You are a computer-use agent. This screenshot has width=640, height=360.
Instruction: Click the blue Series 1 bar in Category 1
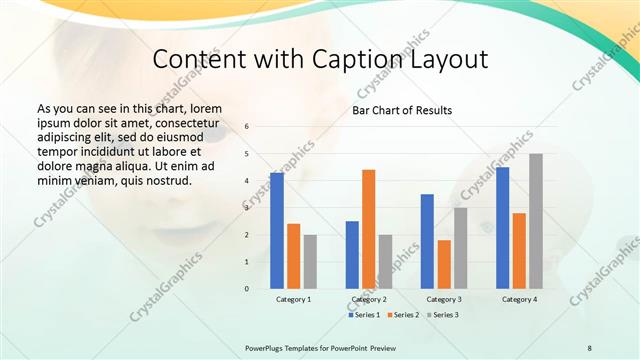(x=277, y=231)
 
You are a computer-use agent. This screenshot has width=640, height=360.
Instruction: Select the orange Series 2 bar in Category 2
(x=368, y=229)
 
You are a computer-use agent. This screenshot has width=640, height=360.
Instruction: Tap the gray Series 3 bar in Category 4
(x=536, y=221)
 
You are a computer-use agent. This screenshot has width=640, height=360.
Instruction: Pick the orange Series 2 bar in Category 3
(x=444, y=264)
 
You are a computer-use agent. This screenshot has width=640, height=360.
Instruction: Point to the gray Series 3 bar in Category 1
(x=310, y=262)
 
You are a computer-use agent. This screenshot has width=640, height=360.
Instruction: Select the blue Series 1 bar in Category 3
(x=427, y=241)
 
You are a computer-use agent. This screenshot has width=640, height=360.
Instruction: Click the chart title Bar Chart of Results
(x=401, y=110)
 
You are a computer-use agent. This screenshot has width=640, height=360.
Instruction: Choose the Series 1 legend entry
(x=364, y=315)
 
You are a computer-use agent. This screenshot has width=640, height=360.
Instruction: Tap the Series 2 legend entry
(x=402, y=315)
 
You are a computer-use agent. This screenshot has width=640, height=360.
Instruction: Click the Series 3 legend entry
(x=440, y=315)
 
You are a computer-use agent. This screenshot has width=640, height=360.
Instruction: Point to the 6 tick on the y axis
(x=247, y=127)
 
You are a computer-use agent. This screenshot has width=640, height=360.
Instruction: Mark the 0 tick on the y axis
(x=247, y=289)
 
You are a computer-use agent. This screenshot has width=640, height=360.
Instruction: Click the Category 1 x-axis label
(x=293, y=299)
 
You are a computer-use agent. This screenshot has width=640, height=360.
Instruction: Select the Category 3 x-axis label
(x=443, y=299)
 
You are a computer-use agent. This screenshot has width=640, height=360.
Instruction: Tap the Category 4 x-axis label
(x=518, y=299)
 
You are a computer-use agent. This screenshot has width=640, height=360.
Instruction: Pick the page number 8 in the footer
(x=589, y=346)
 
